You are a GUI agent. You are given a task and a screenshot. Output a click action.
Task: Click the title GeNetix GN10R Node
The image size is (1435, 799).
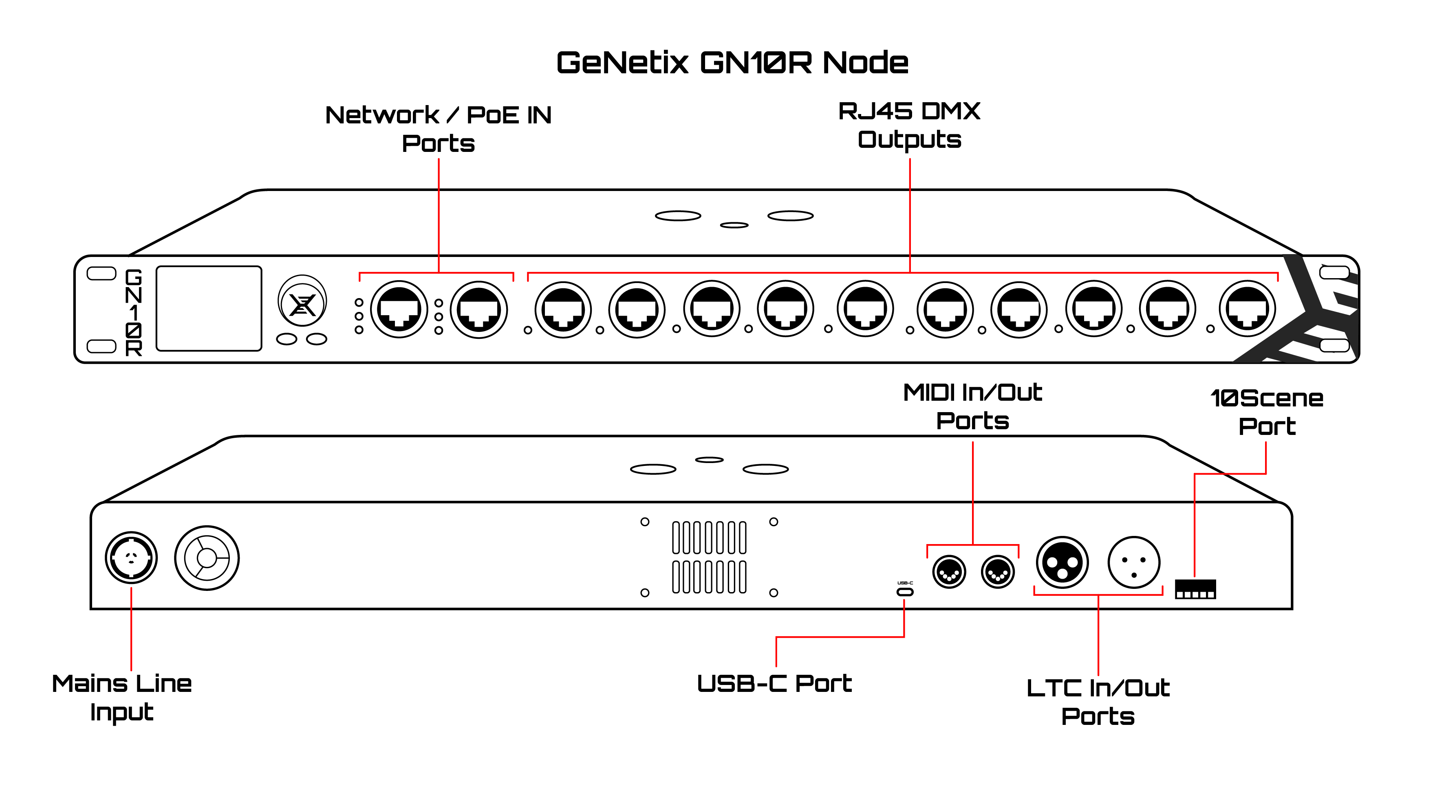pyautogui.click(x=732, y=62)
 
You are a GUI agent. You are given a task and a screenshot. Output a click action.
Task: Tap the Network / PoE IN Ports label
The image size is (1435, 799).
pyautogui.click(x=439, y=129)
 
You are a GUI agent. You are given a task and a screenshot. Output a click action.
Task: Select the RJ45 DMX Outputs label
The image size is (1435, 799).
pyautogui.click(x=909, y=125)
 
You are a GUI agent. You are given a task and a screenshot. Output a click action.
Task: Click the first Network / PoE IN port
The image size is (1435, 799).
pyautogui.click(x=399, y=309)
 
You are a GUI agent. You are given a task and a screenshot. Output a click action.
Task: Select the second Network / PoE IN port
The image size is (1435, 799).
pyautogui.click(x=478, y=309)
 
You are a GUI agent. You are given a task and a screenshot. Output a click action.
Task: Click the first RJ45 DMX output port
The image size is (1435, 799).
pyautogui.click(x=563, y=310)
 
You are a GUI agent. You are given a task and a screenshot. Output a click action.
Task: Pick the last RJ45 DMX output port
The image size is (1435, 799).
pyautogui.click(x=1247, y=309)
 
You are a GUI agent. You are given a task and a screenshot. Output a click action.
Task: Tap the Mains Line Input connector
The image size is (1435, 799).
pyautogui.click(x=132, y=558)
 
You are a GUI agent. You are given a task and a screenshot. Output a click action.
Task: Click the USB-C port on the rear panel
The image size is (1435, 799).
pyautogui.click(x=905, y=592)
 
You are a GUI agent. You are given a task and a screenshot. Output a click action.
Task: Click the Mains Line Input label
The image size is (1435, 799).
pyautogui.click(x=121, y=698)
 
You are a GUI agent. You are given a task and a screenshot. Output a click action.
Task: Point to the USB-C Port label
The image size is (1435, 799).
pyautogui.click(x=774, y=684)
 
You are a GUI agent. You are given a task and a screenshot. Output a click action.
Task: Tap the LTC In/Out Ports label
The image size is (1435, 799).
pyautogui.click(x=1098, y=702)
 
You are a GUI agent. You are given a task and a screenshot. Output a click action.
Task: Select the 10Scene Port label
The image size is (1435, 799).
pyautogui.click(x=1267, y=412)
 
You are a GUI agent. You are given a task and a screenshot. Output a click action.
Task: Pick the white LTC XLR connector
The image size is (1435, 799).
pyautogui.click(x=1134, y=562)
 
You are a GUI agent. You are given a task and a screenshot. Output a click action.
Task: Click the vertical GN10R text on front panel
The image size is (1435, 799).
pyautogui.click(x=134, y=312)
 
